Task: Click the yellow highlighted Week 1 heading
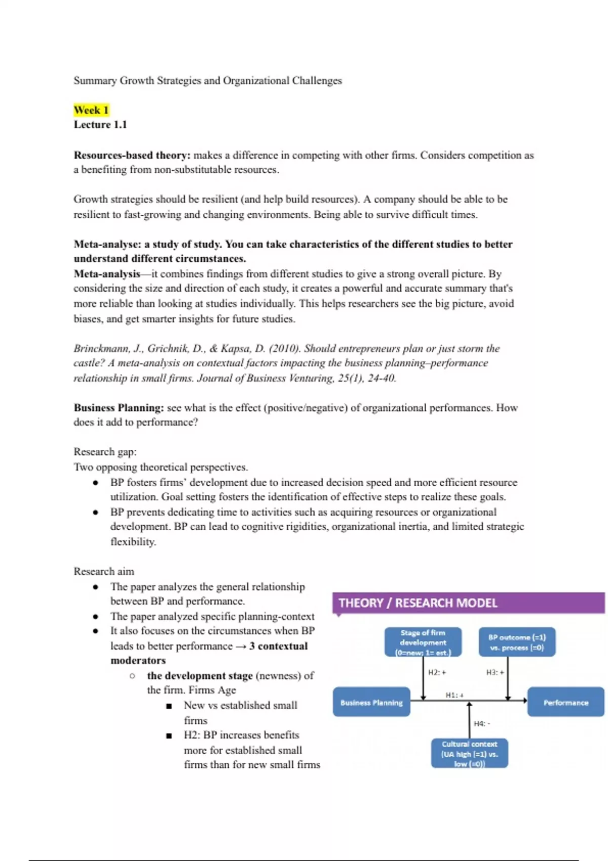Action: tap(91, 110)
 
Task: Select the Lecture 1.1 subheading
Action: tap(100, 125)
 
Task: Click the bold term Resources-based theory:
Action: tap(132, 155)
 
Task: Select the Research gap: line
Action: tap(105, 452)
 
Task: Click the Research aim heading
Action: tap(104, 571)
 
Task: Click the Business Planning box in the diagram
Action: tap(371, 702)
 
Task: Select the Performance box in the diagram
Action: tap(565, 702)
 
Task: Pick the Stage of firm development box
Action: tap(423, 642)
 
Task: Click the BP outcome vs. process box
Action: tap(517, 642)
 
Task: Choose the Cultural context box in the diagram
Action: tap(470, 754)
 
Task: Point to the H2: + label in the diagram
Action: tap(437, 672)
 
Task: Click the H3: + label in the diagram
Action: tap(495, 672)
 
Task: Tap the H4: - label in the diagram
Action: tap(482, 724)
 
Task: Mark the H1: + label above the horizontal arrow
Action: tap(454, 695)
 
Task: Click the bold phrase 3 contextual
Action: tap(278, 646)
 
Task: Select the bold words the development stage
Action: tap(200, 676)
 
